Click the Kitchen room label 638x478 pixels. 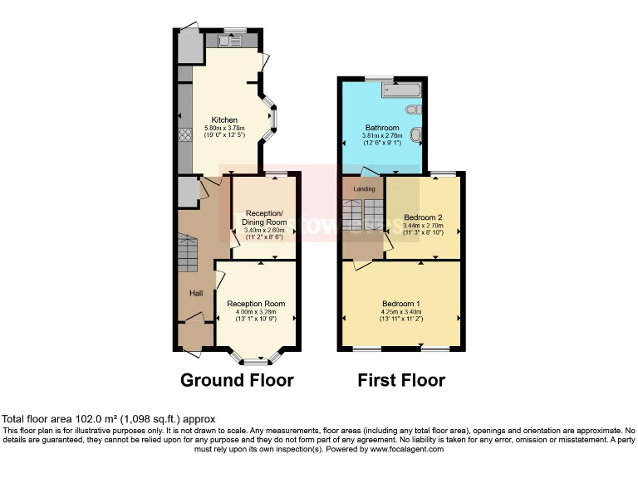tap(224, 119)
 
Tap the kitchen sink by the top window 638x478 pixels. tap(229, 40)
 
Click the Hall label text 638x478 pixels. tap(196, 293)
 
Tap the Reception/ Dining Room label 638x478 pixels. tap(264, 218)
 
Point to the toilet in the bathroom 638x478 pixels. tap(414, 110)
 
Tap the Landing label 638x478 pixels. tap(364, 189)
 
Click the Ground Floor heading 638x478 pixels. tap(237, 381)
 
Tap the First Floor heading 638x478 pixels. tap(401, 381)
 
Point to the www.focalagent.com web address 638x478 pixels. tap(398, 449)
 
